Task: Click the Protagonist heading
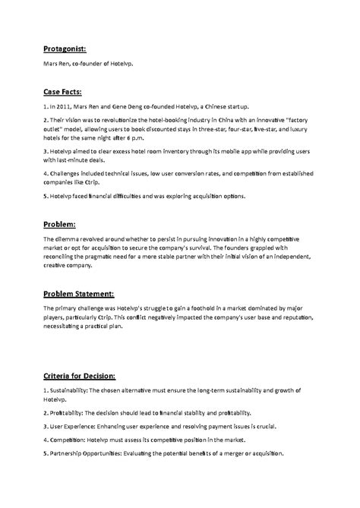pyautogui.click(x=68, y=49)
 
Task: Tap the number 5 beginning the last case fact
pyautogui.click(x=45, y=197)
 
